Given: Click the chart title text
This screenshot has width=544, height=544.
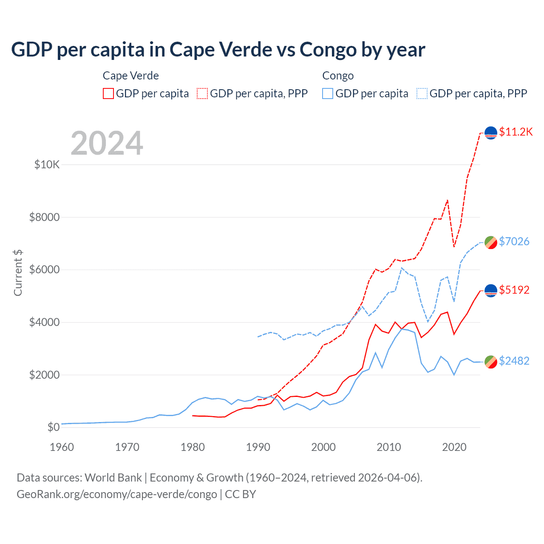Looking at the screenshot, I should tap(218, 50).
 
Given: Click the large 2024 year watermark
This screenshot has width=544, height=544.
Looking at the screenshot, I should tap(107, 143).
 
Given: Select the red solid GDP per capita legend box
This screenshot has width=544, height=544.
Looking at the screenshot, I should tap(108, 93).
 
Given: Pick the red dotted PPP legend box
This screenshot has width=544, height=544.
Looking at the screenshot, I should tap(202, 93).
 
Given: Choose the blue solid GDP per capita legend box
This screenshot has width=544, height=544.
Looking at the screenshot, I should tap(328, 93).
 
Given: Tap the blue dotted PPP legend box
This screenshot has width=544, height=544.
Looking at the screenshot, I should tap(422, 93).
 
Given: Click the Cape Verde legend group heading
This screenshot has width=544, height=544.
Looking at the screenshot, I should tap(131, 76).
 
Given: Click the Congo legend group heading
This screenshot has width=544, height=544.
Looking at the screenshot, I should tap(338, 76).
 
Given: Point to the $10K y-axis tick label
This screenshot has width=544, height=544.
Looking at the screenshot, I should tap(47, 164).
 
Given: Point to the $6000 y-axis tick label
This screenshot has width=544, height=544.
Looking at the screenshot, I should tap(44, 270).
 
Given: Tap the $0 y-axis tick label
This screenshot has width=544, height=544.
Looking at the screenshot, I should tap(53, 427).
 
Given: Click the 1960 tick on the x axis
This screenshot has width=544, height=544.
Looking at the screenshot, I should tap(62, 447).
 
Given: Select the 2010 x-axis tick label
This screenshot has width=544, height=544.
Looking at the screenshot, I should tap(389, 447).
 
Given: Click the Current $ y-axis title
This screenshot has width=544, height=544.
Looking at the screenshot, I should tap(18, 272).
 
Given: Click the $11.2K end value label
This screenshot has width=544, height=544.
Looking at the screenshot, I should tap(516, 132).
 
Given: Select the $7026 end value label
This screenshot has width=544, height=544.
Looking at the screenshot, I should tap(514, 241).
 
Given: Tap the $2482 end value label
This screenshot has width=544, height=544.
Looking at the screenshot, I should tap(514, 361).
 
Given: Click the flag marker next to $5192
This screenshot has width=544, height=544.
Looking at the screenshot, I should tap(491, 291).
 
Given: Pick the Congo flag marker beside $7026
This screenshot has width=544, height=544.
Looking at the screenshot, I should tap(491, 242).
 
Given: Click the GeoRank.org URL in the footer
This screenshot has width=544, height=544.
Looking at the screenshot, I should tap(117, 494).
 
